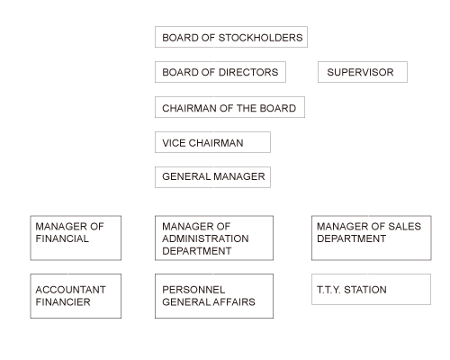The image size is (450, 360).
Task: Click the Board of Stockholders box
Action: (231, 37)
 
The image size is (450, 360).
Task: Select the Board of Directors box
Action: (220, 72)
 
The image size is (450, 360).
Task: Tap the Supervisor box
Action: (363, 72)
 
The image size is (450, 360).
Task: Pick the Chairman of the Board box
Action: (229, 107)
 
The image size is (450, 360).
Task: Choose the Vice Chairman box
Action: (212, 142)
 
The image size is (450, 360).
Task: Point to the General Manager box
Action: (212, 177)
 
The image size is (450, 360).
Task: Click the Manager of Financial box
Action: (76, 238)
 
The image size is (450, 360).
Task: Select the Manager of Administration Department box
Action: (214, 238)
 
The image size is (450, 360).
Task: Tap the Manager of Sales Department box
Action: (372, 238)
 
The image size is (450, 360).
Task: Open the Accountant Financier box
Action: (76, 296)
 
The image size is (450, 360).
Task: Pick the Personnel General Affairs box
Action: (214, 296)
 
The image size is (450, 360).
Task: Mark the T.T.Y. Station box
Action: (372, 289)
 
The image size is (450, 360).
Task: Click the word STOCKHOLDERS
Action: (260, 38)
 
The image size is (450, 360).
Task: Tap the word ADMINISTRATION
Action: (205, 238)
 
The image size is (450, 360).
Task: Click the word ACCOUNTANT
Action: (70, 290)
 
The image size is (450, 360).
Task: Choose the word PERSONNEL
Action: (193, 290)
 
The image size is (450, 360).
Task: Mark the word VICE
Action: (174, 143)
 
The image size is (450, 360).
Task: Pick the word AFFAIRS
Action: (234, 301)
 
